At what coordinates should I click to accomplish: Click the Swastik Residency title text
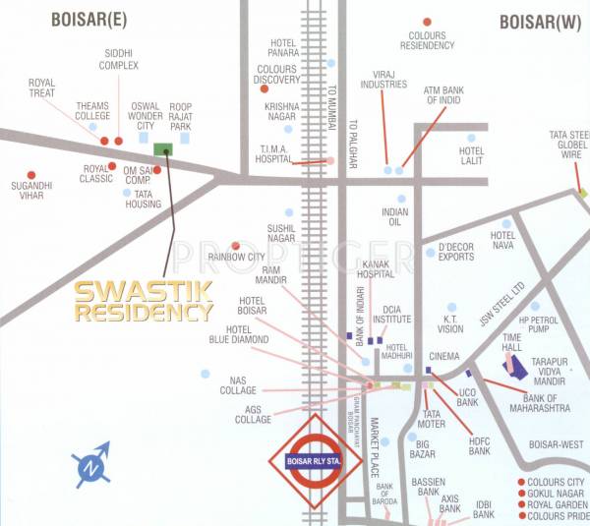[145, 302]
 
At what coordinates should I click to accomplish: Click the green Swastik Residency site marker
[163, 148]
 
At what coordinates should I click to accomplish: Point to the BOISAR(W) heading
[539, 22]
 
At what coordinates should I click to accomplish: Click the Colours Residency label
[426, 40]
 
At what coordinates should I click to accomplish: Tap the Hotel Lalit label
[472, 156]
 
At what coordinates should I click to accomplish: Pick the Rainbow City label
[236, 257]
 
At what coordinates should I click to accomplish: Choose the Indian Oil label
[395, 217]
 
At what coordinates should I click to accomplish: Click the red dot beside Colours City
[520, 482]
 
